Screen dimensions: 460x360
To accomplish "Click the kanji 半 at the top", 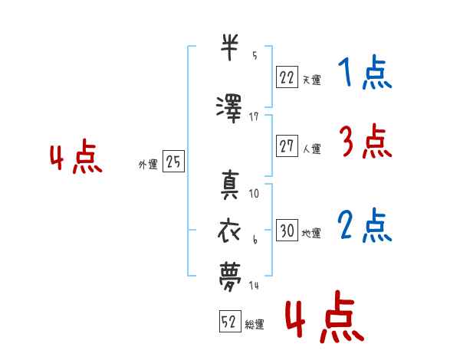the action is click(x=229, y=47).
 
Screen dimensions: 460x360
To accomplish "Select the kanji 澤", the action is click(x=229, y=109).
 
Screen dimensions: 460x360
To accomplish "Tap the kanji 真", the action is click(x=230, y=185).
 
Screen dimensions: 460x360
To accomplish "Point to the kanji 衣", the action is click(x=229, y=231).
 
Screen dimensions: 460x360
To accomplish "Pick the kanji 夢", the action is click(x=230, y=277).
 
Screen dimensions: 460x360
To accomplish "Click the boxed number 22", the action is click(x=287, y=77).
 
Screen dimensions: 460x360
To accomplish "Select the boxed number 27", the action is click(x=287, y=146).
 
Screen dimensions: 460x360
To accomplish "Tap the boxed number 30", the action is click(x=287, y=230).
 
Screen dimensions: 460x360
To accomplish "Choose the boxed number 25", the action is click(x=173, y=161).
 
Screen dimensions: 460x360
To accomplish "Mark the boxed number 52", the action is click(x=230, y=321).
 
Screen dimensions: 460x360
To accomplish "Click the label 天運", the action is click(x=311, y=80).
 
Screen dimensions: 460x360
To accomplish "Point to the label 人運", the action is click(x=311, y=149).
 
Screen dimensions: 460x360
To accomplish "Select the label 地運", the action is click(x=311, y=234).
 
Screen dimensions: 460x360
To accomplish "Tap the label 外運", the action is click(x=148, y=165).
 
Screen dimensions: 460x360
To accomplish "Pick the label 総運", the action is click(x=255, y=324).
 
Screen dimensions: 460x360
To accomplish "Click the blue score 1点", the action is click(x=365, y=72).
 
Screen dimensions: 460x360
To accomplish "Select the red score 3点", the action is click(x=366, y=141).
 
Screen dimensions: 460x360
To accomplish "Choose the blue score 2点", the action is click(x=365, y=225).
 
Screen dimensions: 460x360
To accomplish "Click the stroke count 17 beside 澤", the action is click(x=254, y=117).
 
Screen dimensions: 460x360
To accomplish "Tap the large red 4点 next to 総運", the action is click(x=325, y=316).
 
